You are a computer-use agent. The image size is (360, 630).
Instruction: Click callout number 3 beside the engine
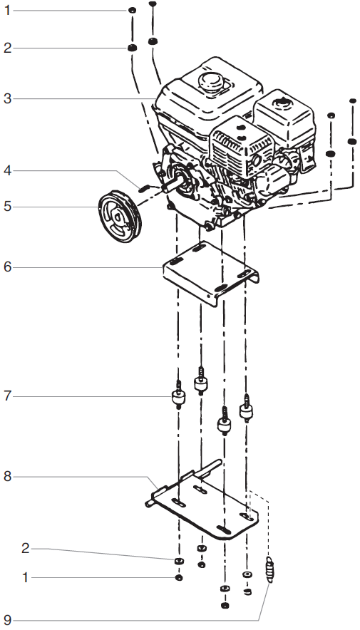(7, 98)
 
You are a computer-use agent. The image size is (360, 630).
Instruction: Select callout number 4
(7, 171)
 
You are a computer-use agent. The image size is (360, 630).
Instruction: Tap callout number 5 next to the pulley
(7, 207)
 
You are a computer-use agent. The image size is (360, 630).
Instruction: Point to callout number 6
(7, 267)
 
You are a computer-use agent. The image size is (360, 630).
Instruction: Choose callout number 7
(7, 395)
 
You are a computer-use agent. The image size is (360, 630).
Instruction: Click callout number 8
(7, 477)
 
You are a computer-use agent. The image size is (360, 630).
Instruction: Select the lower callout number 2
(26, 548)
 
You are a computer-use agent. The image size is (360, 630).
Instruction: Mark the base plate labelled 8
(207, 506)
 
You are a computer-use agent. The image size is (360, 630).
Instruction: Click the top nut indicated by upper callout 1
(132, 12)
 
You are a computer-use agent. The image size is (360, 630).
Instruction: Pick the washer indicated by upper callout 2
(132, 48)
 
